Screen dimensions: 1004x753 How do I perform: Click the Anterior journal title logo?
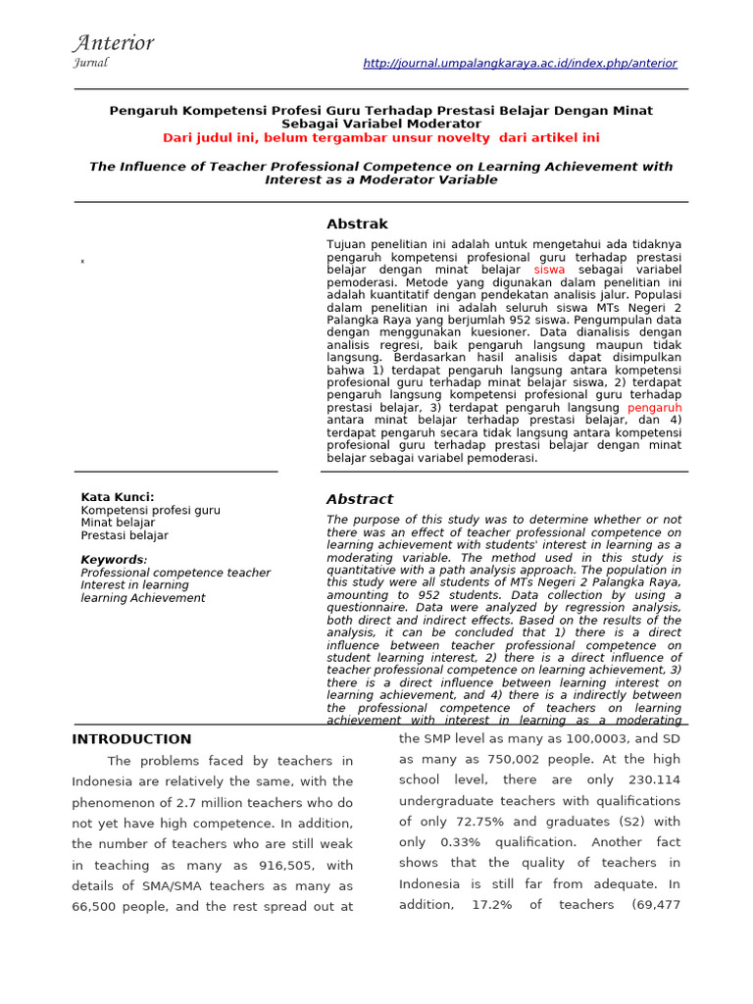coord(113,42)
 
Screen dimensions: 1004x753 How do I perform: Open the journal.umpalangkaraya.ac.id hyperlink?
coord(520,63)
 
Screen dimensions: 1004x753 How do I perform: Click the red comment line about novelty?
coord(380,138)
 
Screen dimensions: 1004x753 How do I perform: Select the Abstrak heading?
coord(357,224)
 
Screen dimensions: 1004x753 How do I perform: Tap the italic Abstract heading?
coord(359,499)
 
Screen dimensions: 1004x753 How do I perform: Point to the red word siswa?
coord(549,269)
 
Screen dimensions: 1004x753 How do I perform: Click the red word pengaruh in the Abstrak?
coord(654,407)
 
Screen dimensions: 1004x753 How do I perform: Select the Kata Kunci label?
coord(117,497)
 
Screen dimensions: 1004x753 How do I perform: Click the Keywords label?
coord(113,560)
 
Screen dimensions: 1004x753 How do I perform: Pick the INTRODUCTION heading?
coord(131,739)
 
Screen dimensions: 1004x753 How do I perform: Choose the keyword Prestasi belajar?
coord(125,535)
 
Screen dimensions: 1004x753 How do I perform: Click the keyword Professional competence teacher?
coord(176,573)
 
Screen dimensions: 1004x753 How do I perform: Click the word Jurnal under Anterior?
coord(90,63)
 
